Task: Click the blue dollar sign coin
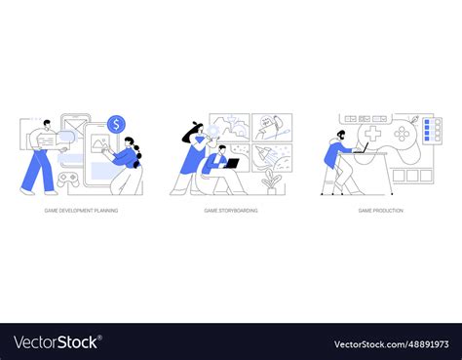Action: (x=117, y=124)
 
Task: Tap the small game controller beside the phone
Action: (x=69, y=180)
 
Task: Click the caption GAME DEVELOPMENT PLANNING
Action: (x=82, y=210)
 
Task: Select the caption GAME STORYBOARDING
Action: (x=230, y=210)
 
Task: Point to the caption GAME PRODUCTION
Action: (x=380, y=210)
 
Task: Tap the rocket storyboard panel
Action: (x=272, y=159)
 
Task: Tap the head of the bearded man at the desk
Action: (x=342, y=134)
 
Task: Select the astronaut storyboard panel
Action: (x=272, y=127)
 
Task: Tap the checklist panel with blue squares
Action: (x=432, y=134)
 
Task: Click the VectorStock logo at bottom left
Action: (x=58, y=342)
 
